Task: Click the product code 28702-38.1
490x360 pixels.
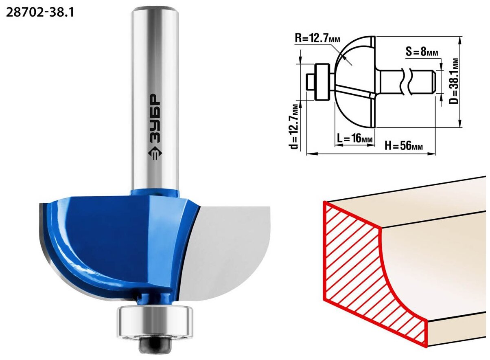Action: pyautogui.click(x=40, y=13)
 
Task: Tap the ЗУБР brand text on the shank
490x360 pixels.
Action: pyautogui.click(x=155, y=119)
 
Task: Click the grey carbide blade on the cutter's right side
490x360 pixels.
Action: pyautogui.click(x=225, y=252)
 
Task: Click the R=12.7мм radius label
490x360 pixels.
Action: pyautogui.click(x=317, y=39)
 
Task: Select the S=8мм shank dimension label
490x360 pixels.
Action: pyautogui.click(x=422, y=52)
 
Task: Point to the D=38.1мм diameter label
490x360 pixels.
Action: pyautogui.click(x=453, y=81)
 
